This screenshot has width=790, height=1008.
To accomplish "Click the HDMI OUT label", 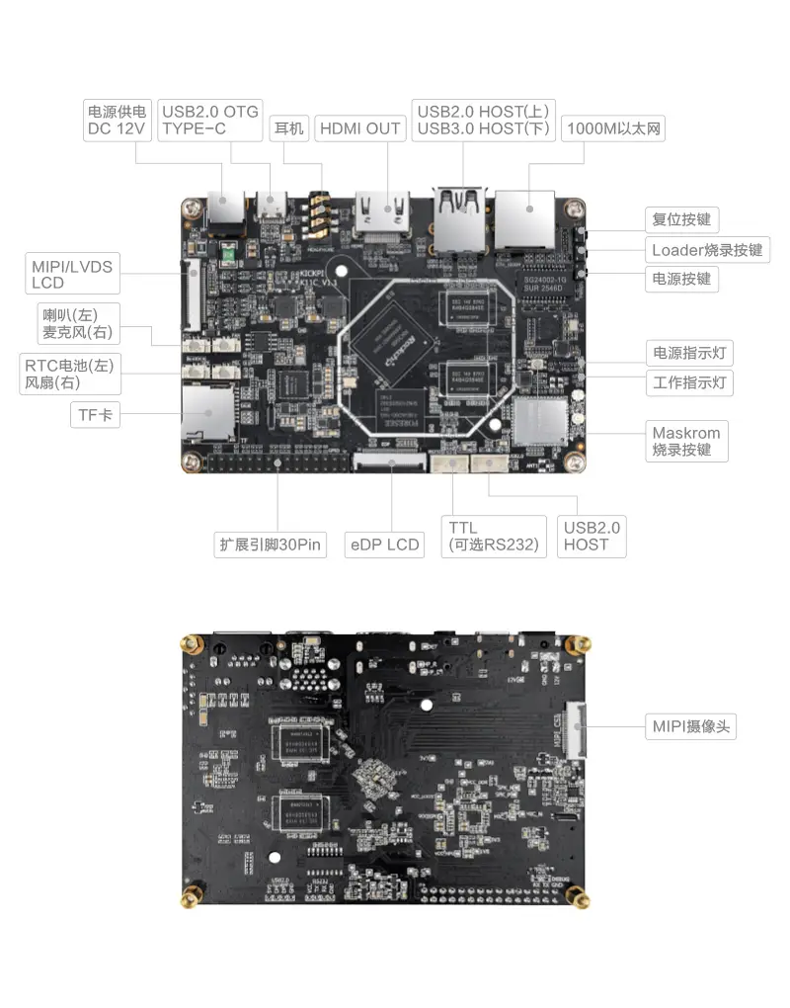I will (x=360, y=128).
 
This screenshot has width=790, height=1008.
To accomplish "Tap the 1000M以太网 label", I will (x=612, y=128).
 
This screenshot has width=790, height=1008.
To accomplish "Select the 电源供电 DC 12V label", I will (x=117, y=120).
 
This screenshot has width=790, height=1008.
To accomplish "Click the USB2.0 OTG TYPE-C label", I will (x=209, y=120).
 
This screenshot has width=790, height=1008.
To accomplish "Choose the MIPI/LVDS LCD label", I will (x=72, y=274).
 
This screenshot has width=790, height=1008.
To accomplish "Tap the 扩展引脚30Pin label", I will (x=272, y=545).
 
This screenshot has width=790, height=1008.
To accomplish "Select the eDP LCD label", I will (x=384, y=545).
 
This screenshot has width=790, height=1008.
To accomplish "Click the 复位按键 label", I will (x=681, y=219).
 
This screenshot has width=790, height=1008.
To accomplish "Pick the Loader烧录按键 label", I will (x=707, y=250).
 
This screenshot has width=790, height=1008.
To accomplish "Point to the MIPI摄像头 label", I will (x=691, y=726).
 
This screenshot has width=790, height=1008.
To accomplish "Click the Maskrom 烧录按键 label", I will (x=686, y=441).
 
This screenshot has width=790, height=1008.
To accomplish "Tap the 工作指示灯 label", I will (x=689, y=382).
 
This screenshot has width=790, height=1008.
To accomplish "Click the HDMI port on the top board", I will (x=383, y=215).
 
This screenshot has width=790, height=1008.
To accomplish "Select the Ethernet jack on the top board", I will (x=524, y=219).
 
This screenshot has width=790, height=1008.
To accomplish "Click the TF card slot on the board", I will (x=205, y=411).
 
